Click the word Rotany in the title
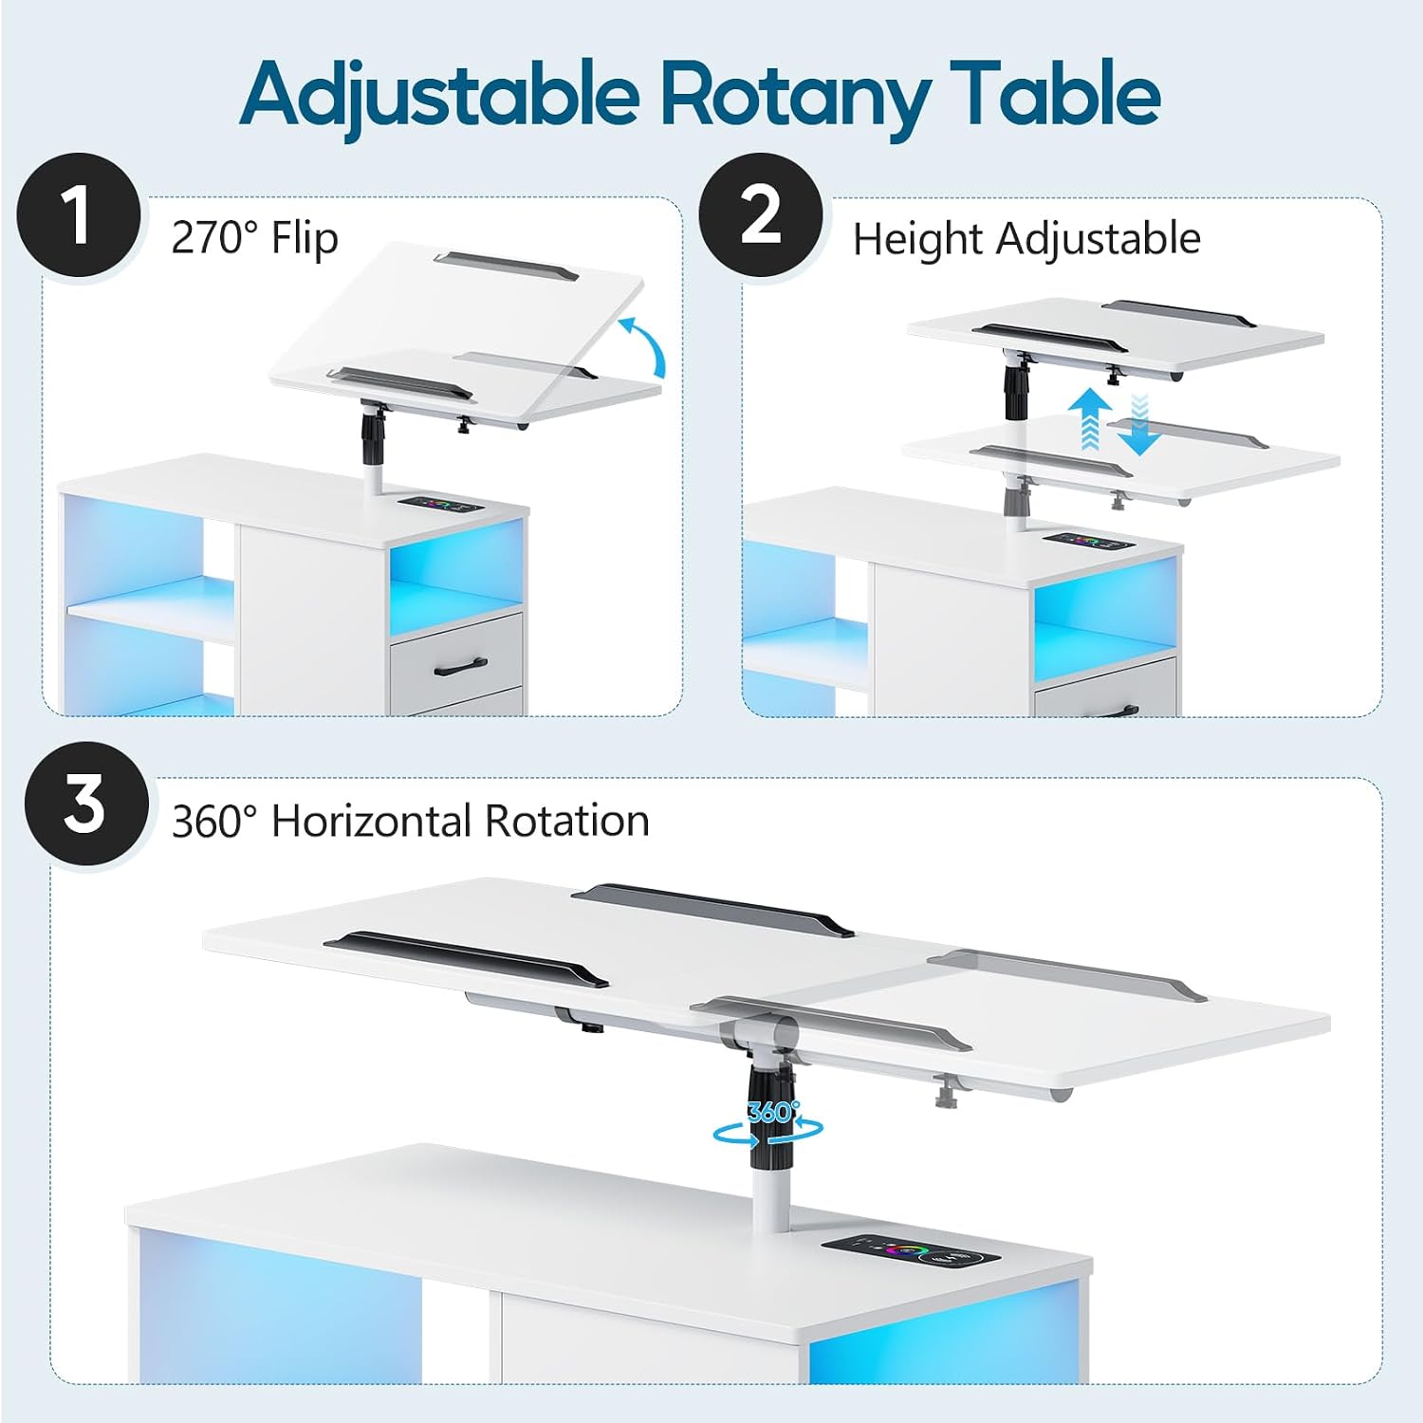tap(795, 96)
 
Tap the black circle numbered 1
tap(79, 215)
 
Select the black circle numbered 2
tap(761, 215)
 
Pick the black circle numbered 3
tap(86, 804)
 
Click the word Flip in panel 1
tap(305, 238)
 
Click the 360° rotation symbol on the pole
tap(769, 1123)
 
